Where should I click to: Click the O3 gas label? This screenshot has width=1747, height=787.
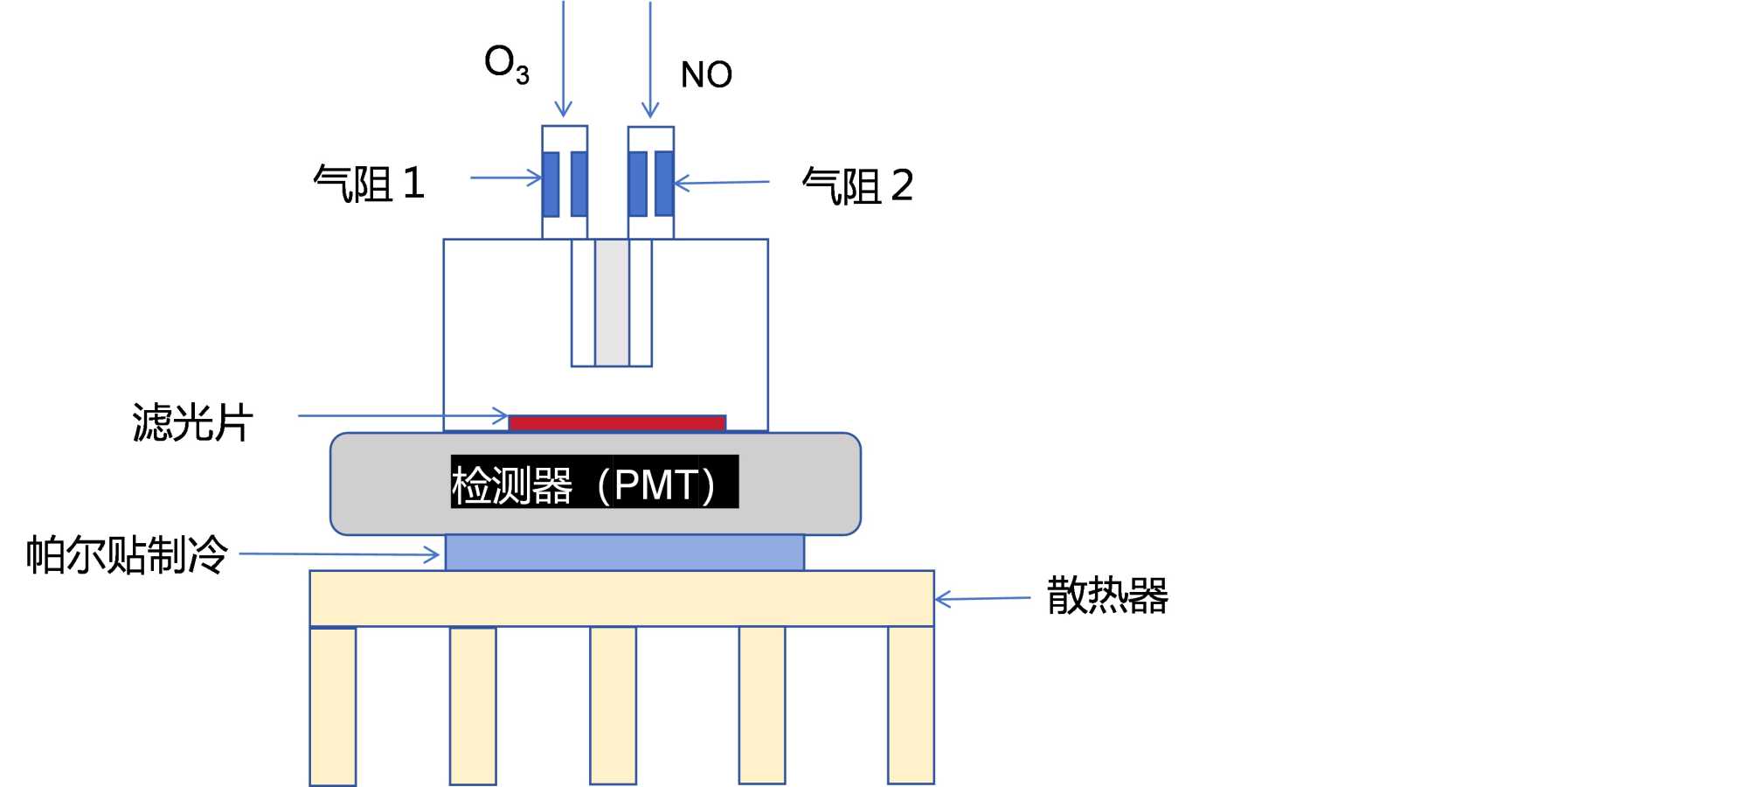[507, 65]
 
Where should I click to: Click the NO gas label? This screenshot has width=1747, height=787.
[706, 75]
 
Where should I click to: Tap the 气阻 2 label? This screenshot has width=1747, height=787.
[857, 186]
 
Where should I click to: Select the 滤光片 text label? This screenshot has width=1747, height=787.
[192, 422]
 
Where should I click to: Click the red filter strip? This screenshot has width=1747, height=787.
[617, 423]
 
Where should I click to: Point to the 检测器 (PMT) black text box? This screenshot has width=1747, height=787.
[594, 482]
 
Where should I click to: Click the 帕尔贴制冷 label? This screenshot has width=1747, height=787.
[127, 554]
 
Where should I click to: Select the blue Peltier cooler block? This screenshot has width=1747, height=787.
[625, 553]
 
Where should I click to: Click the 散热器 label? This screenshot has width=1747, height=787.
[1107, 596]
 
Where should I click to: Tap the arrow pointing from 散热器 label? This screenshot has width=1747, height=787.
[983, 599]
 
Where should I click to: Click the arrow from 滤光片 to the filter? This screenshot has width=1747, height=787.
[403, 415]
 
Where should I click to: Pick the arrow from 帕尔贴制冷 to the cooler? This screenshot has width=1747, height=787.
[339, 554]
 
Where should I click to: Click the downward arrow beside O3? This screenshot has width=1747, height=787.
[564, 59]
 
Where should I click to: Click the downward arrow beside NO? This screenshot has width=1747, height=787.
[650, 59]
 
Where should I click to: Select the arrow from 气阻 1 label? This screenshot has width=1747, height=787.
[506, 178]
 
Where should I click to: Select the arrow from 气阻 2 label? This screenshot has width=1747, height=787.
[722, 183]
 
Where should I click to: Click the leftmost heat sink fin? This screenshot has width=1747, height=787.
[333, 707]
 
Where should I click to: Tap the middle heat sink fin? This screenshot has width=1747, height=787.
[613, 705]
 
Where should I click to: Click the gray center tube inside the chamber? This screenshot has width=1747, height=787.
[612, 303]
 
